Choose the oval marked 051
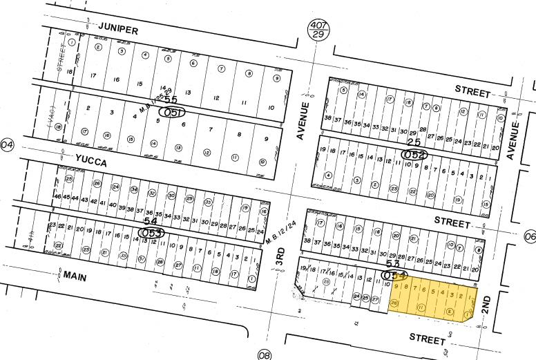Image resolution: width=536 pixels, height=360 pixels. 172,112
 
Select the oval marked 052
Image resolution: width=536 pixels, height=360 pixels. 414,154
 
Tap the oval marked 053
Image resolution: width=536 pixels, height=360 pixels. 152,233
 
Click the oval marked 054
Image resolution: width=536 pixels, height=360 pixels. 394,275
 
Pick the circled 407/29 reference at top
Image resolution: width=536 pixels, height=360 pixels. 319,28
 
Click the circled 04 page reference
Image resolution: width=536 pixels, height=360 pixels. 8,144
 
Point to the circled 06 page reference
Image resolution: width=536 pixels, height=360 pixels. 530,236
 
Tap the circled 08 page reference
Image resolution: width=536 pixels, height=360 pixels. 265,355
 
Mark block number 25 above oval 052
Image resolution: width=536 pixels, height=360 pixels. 414,142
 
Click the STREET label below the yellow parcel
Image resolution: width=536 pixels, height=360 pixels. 427,339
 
